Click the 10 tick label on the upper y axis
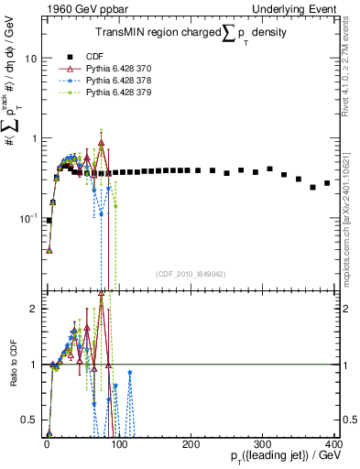[x=29, y=59]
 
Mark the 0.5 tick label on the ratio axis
[x=27, y=420]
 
